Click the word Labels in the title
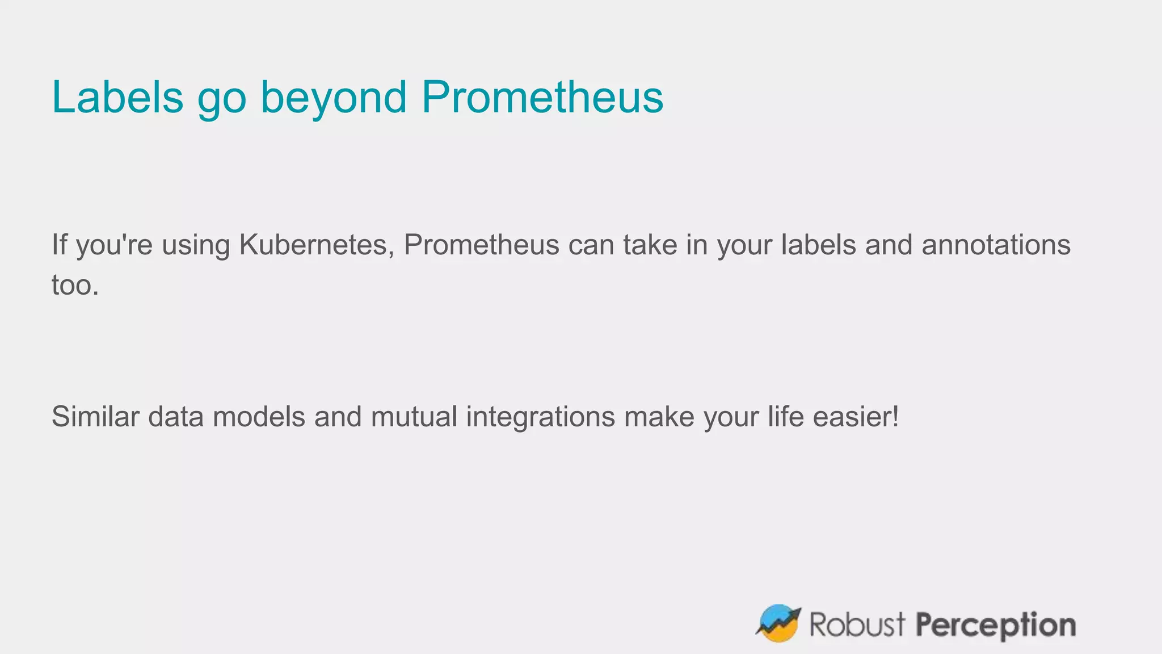pyautogui.click(x=117, y=97)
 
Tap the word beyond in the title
pyautogui.click(x=334, y=97)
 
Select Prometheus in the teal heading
pyautogui.click(x=542, y=97)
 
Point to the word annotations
pyautogui.click(x=996, y=245)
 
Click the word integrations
pyautogui.click(x=540, y=417)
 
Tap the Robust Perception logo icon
pyautogui.click(x=778, y=623)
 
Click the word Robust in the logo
pyautogui.click(x=857, y=624)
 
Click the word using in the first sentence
pyautogui.click(x=196, y=246)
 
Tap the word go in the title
pyautogui.click(x=222, y=98)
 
